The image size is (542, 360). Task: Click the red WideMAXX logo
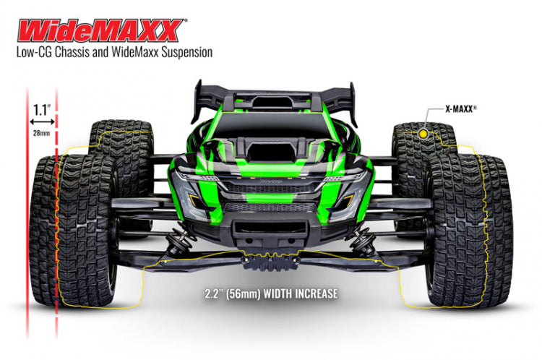[x=99, y=30]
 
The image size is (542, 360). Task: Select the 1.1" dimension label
[x=41, y=111]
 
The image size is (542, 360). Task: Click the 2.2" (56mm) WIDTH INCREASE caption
[x=271, y=294]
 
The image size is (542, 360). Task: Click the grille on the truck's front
[x=272, y=189]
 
